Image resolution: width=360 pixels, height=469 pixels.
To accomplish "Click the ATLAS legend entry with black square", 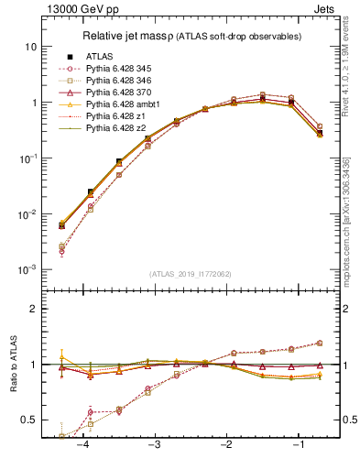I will pos(101,57).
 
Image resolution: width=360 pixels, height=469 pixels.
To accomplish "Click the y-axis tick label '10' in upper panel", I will pos(31,47).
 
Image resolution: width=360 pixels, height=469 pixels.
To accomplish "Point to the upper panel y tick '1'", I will pos(34,103).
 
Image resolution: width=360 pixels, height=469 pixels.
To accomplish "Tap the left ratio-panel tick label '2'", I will pos(34,310).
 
